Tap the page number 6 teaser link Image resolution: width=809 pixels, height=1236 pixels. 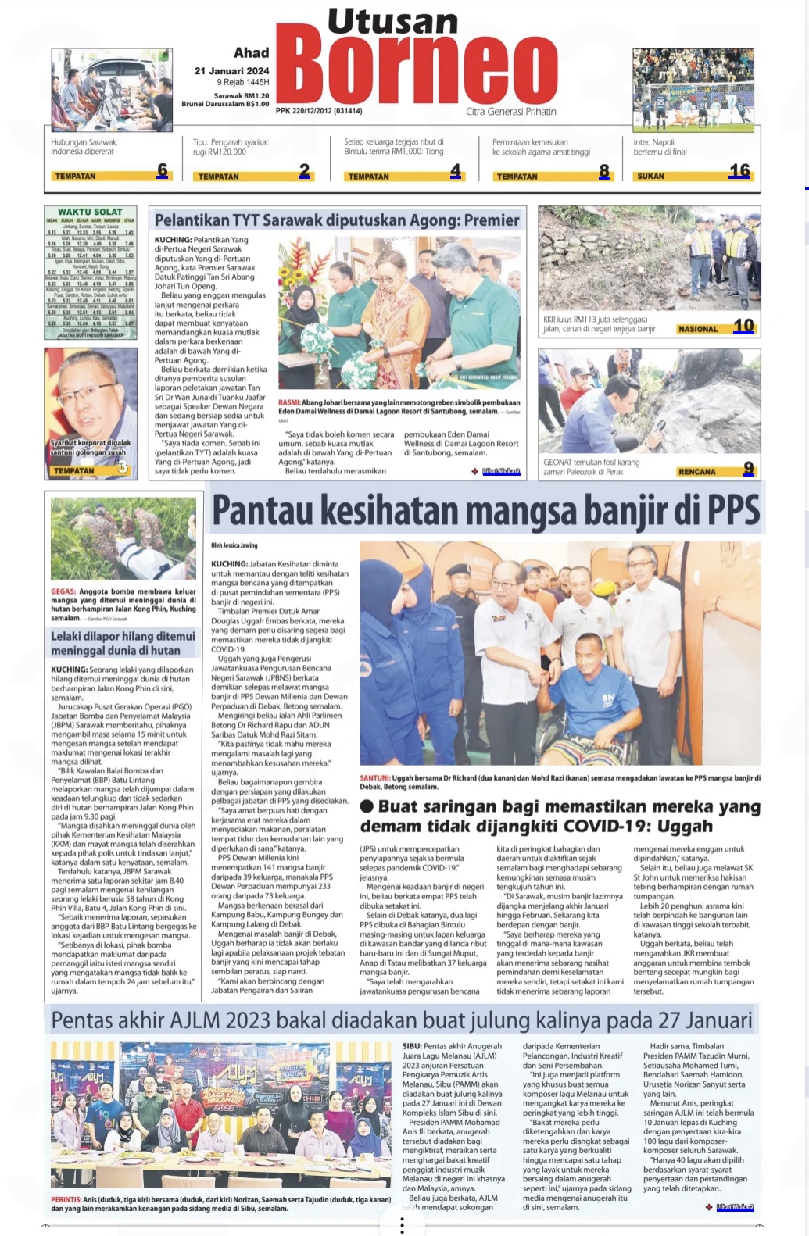[163, 170]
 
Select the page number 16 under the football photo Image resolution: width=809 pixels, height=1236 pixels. [739, 170]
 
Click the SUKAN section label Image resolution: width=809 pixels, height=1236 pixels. [650, 177]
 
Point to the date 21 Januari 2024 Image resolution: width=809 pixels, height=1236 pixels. [231, 70]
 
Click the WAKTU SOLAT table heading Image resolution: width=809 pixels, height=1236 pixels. [90, 212]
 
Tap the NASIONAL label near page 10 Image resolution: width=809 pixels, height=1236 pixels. [697, 329]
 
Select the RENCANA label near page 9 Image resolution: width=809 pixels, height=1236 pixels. [696, 472]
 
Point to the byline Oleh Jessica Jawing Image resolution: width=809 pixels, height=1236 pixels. [234, 545]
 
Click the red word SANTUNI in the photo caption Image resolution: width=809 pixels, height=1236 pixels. [374, 778]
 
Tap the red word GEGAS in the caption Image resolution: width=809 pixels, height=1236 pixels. [63, 591]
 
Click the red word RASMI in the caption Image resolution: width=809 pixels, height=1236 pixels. [288, 402]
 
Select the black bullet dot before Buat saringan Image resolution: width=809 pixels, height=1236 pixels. [367, 806]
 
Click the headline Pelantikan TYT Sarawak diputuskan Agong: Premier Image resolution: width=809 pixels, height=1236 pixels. [336, 220]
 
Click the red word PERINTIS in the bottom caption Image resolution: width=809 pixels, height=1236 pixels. [66, 1199]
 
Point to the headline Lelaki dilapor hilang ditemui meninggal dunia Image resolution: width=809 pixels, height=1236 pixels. [123, 643]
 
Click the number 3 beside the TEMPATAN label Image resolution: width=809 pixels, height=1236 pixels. [123, 468]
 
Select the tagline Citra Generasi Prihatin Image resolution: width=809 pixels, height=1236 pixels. [511, 112]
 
